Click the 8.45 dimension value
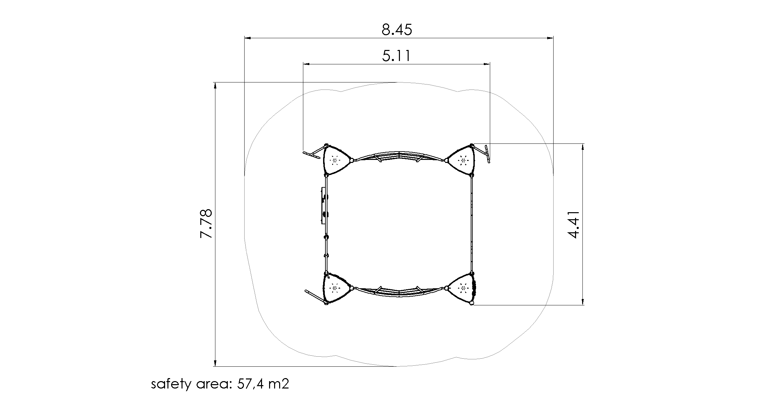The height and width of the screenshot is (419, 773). click(x=397, y=30)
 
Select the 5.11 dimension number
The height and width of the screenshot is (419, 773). click(x=396, y=56)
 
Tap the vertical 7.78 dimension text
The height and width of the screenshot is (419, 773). click(x=206, y=224)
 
